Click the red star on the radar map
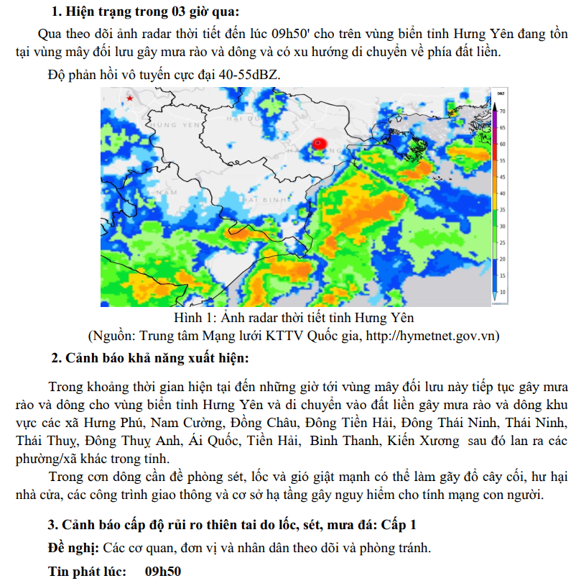pyautogui.click(x=129, y=98)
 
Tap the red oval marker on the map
pyautogui.click(x=320, y=144)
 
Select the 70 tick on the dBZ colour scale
pyautogui.click(x=503, y=111)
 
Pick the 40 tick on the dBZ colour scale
pyautogui.click(x=503, y=193)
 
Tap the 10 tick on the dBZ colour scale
pyautogui.click(x=503, y=292)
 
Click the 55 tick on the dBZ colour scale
pyautogui.click(x=503, y=160)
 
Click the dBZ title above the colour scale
pyautogui.click(x=501, y=94)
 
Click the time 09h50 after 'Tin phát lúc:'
pyautogui.click(x=163, y=572)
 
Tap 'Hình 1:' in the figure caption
pyautogui.click(x=196, y=317)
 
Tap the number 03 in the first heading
pyautogui.click(x=157, y=12)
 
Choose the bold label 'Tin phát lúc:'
pyautogui.click(x=87, y=572)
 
